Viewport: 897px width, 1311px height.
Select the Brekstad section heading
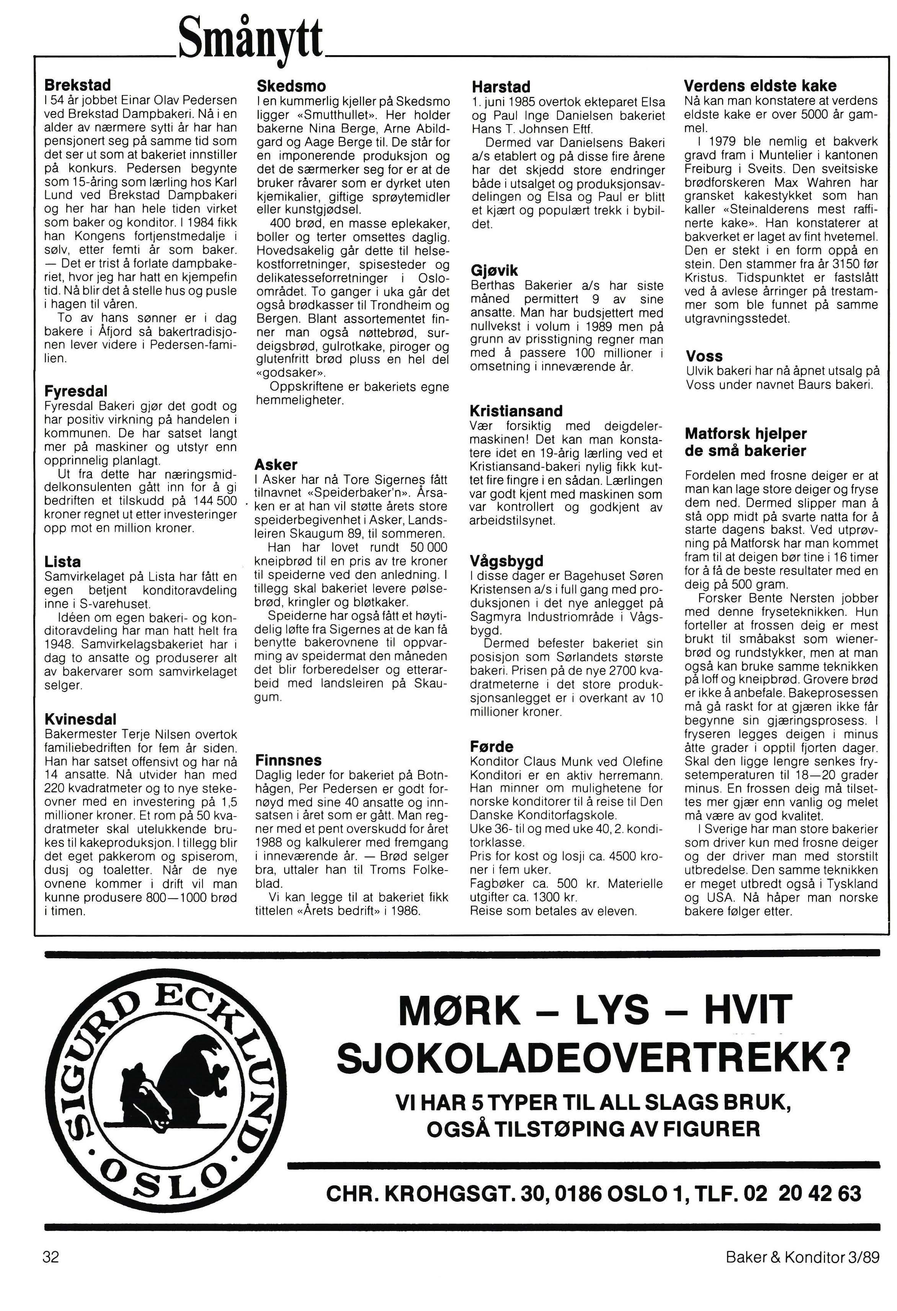(78, 85)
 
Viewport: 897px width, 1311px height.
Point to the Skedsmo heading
(291, 86)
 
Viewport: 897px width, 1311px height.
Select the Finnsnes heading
(288, 760)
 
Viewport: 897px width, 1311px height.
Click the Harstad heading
(501, 87)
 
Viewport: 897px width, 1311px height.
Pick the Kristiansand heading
(516, 411)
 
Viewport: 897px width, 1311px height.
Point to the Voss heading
(704, 356)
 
